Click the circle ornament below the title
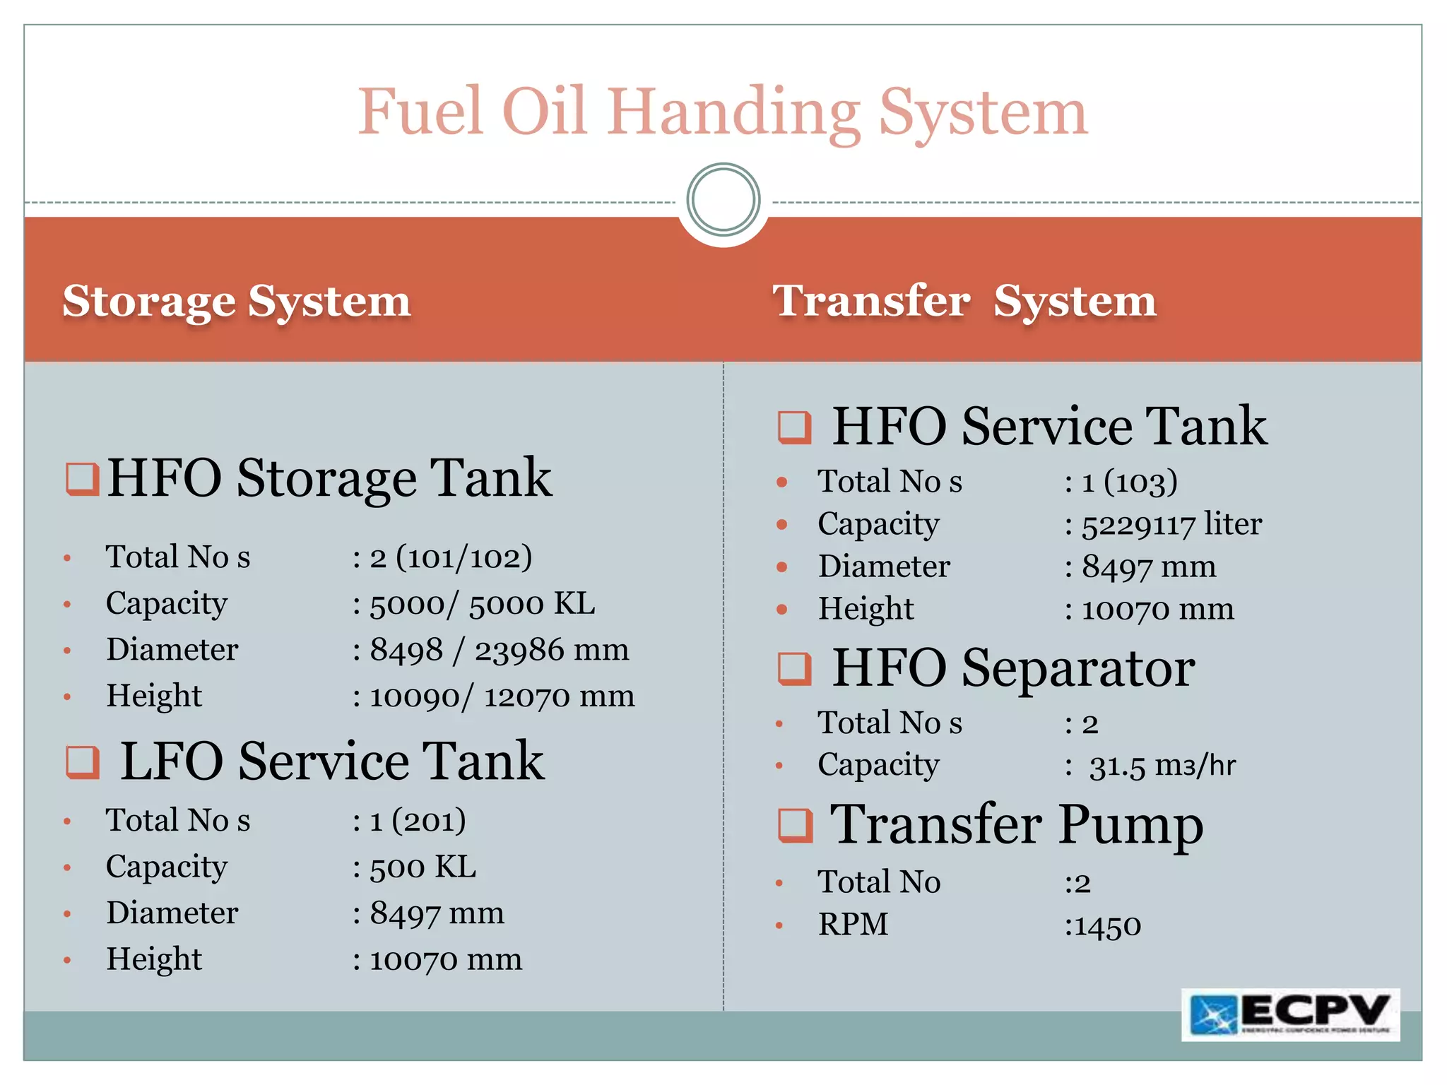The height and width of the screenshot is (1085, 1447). (x=723, y=200)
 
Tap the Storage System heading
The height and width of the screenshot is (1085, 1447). (x=237, y=301)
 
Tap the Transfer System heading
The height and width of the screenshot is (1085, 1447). (x=964, y=301)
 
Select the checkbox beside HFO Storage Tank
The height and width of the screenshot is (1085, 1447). (x=82, y=480)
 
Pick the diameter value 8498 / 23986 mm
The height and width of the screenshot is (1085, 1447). (x=498, y=650)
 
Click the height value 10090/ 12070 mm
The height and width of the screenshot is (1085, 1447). (x=501, y=696)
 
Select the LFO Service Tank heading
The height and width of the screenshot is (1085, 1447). (x=331, y=761)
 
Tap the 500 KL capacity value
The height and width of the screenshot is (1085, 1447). (x=423, y=867)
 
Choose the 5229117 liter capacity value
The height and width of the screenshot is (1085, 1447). (x=1171, y=525)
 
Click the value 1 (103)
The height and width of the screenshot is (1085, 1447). (x=1128, y=482)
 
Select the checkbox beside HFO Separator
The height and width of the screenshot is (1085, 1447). (x=794, y=668)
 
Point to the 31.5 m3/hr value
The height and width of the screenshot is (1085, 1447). (x=1162, y=766)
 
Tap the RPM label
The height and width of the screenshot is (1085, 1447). (x=853, y=925)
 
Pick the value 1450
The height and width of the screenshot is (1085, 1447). (x=1106, y=926)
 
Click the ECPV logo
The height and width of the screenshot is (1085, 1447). (x=1290, y=1014)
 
